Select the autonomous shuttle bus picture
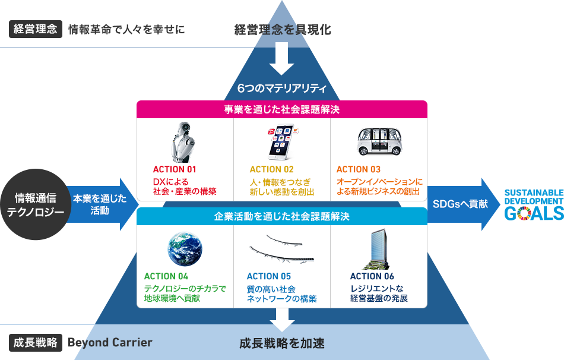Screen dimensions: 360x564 [379, 142]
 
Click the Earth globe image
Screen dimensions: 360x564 [185, 249]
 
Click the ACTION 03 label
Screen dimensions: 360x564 [359, 170]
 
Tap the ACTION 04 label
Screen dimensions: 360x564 [166, 276]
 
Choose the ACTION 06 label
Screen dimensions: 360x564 [372, 276]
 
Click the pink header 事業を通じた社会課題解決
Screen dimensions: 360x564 [282, 109]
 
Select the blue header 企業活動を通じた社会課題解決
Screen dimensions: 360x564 [282, 217]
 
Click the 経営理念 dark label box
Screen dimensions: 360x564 [35, 29]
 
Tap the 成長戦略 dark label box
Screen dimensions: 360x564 [35, 343]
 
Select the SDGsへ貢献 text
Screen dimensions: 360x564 [460, 204]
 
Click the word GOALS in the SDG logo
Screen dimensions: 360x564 [534, 213]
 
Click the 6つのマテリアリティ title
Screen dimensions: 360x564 [282, 89]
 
